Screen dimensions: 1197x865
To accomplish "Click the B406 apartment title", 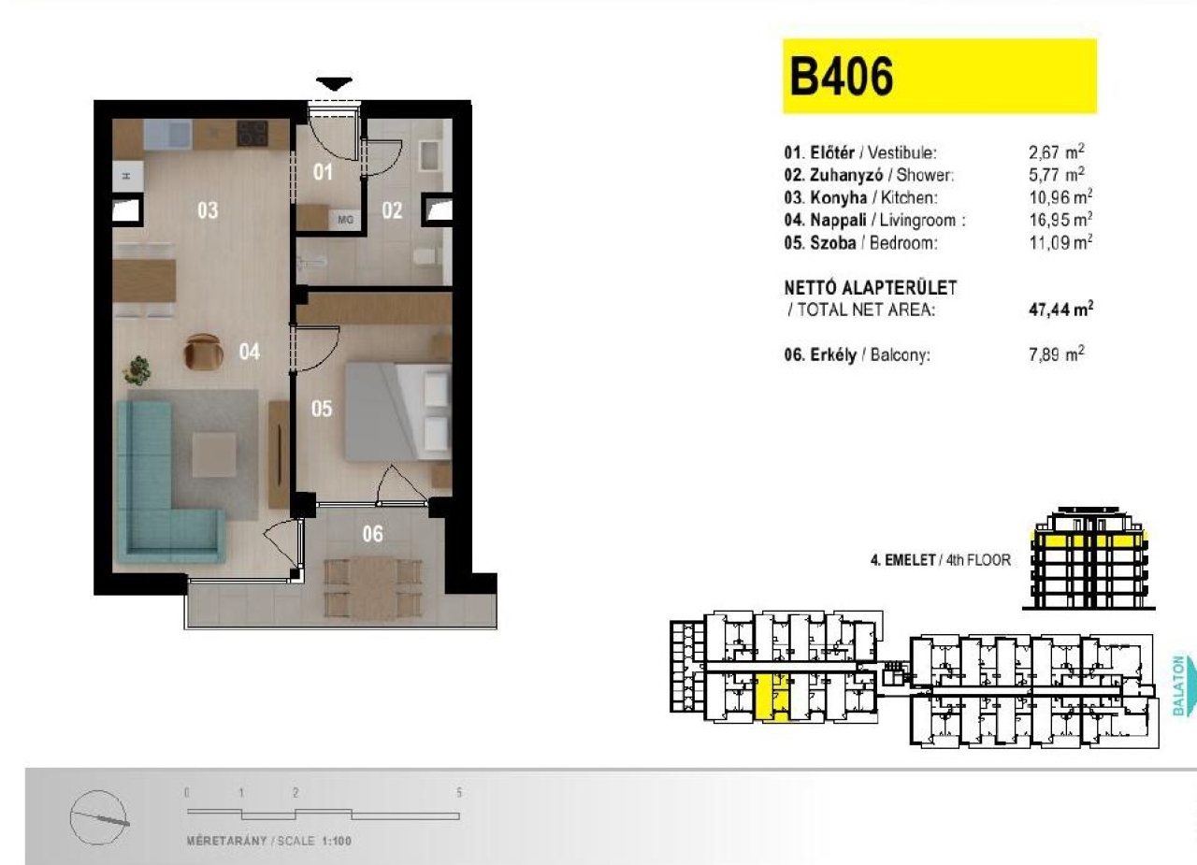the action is [841, 77].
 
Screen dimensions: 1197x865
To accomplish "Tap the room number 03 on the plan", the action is [208, 210].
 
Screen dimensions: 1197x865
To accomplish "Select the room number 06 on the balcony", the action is [372, 533].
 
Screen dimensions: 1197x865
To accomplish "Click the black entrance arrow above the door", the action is [334, 84].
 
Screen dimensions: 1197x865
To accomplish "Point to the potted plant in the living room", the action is [137, 369].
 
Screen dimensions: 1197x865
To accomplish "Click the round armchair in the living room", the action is [203, 352].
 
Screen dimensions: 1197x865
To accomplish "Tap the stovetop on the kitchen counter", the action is [252, 133].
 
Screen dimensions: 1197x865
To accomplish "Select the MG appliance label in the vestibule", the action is [345, 220].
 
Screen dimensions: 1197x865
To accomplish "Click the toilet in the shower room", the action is [425, 256].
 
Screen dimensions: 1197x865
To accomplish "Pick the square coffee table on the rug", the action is [214, 454].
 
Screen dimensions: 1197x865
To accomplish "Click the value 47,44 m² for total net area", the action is [1060, 310].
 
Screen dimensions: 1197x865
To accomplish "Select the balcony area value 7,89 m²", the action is [1057, 353].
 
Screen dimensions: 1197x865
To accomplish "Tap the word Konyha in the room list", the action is [839, 197].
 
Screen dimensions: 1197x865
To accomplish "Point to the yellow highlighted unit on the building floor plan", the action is [772, 698].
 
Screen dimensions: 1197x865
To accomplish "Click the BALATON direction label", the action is [1178, 685].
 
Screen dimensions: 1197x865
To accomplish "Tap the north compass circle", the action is [99, 818].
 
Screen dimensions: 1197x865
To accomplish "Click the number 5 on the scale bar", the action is [458, 793].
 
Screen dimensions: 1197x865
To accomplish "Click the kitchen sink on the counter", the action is [167, 133].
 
